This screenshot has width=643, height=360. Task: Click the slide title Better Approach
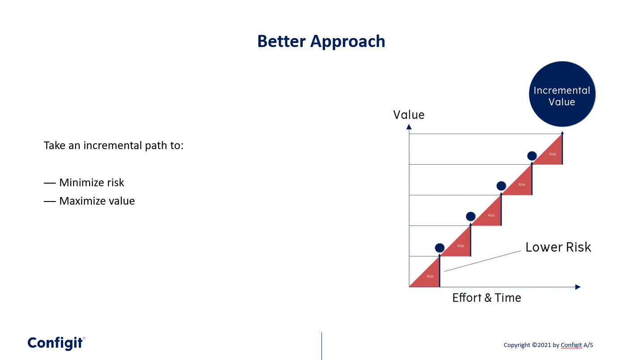(x=321, y=41)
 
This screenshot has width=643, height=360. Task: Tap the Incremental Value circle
(x=562, y=94)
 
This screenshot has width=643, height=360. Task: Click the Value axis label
(x=409, y=115)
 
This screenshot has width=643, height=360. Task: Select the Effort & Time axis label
(x=487, y=298)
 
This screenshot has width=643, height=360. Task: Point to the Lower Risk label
(x=558, y=247)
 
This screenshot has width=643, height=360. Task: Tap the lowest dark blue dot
(x=439, y=248)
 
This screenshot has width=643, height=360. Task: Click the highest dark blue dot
(x=532, y=156)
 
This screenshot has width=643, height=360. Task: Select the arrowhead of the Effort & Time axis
(x=578, y=287)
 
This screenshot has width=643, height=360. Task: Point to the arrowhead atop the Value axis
(x=409, y=127)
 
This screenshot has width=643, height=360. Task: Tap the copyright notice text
(x=548, y=345)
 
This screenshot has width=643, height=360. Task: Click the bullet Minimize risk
(x=84, y=183)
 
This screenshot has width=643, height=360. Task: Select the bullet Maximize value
(x=89, y=201)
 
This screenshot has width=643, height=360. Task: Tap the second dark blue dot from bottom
(x=471, y=216)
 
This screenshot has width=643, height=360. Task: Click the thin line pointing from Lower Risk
(x=483, y=261)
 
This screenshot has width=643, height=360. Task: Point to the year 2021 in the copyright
(x=544, y=345)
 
